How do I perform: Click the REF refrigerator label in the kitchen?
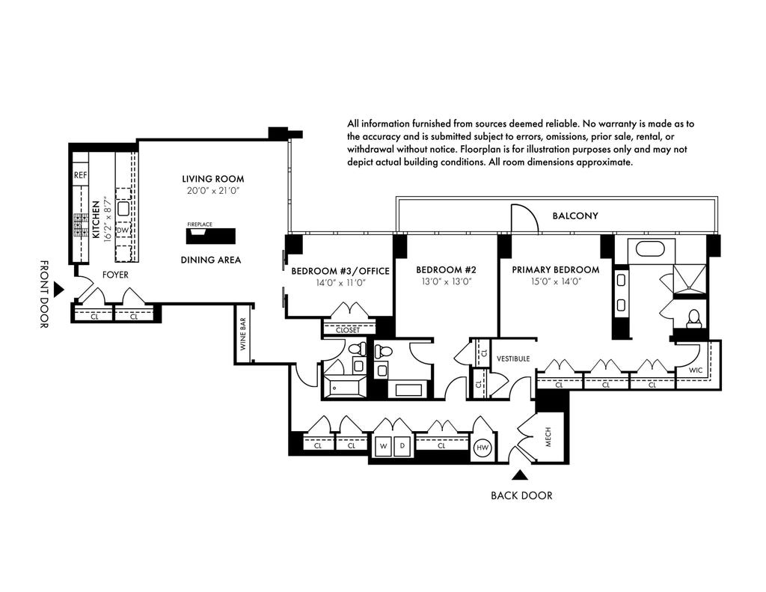tap(80, 175)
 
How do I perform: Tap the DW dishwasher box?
tap(123, 230)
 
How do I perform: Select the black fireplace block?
tap(210, 236)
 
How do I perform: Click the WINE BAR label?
tap(243, 334)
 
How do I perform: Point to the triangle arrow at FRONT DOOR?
tap(58, 289)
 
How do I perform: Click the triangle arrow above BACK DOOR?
tap(521, 474)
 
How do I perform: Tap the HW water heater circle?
tap(482, 447)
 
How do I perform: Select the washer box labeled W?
tap(384, 446)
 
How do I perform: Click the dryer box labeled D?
tap(402, 446)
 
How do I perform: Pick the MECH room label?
tap(548, 437)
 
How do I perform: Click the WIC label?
tap(696, 370)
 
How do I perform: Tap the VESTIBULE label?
tap(513, 358)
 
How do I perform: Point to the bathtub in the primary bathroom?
tap(651, 249)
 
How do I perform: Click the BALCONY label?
tap(575, 216)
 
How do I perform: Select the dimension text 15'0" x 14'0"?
tap(556, 281)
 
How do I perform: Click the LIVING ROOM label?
tap(213, 179)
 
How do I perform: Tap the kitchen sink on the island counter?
tap(123, 208)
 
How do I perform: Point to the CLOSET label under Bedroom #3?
tap(348, 330)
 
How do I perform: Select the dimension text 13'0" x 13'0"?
tap(447, 281)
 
